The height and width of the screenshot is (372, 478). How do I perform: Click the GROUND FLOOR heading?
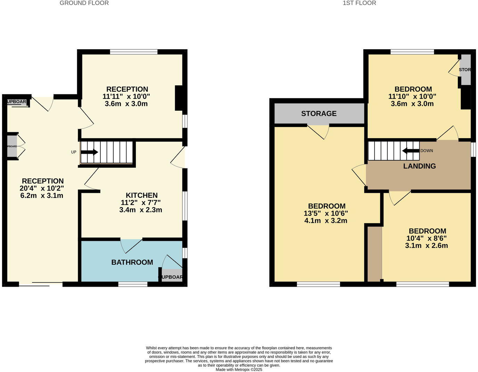click(84, 3)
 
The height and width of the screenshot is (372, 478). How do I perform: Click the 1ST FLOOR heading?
click(359, 3)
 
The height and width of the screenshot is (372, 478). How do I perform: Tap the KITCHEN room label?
click(141, 195)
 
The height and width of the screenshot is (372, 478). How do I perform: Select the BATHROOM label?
click(132, 262)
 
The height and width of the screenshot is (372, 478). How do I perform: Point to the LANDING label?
click(419, 166)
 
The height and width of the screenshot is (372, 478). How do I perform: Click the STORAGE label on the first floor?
click(319, 113)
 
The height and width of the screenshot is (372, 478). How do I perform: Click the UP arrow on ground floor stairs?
click(90, 152)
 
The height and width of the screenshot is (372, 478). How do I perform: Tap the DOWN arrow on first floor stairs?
click(411, 151)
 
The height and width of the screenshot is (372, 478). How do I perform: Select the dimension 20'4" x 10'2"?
click(42, 188)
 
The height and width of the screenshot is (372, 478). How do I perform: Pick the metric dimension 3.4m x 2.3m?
click(140, 210)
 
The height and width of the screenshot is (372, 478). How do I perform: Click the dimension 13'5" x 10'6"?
click(325, 213)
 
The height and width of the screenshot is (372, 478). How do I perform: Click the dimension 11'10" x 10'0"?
click(412, 96)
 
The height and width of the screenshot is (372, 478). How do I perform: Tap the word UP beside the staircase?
click(74, 152)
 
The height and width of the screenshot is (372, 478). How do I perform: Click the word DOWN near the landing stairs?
click(427, 151)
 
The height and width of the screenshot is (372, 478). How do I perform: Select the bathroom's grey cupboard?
click(172, 275)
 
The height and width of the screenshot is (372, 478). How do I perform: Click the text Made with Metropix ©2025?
click(239, 370)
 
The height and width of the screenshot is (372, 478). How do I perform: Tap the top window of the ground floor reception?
click(134, 52)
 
